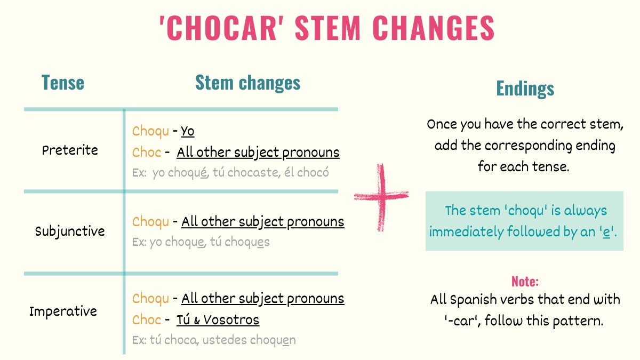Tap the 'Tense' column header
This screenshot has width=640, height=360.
[63, 83]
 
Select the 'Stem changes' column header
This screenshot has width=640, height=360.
[247, 83]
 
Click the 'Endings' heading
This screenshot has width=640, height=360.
[525, 89]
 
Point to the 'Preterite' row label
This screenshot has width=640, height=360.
[70, 150]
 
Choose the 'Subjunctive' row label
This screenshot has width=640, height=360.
[70, 231]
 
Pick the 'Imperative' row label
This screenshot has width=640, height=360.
[63, 311]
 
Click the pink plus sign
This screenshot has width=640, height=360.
[381, 197]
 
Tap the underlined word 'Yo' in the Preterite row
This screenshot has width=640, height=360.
[188, 131]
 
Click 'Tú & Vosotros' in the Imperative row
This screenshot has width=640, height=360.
[218, 320]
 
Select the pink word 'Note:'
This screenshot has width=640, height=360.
[525, 281]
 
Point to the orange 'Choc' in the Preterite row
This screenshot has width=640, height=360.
[147, 153]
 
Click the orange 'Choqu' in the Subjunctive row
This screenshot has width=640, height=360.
[151, 221]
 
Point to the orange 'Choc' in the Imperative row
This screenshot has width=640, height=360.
[147, 320]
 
